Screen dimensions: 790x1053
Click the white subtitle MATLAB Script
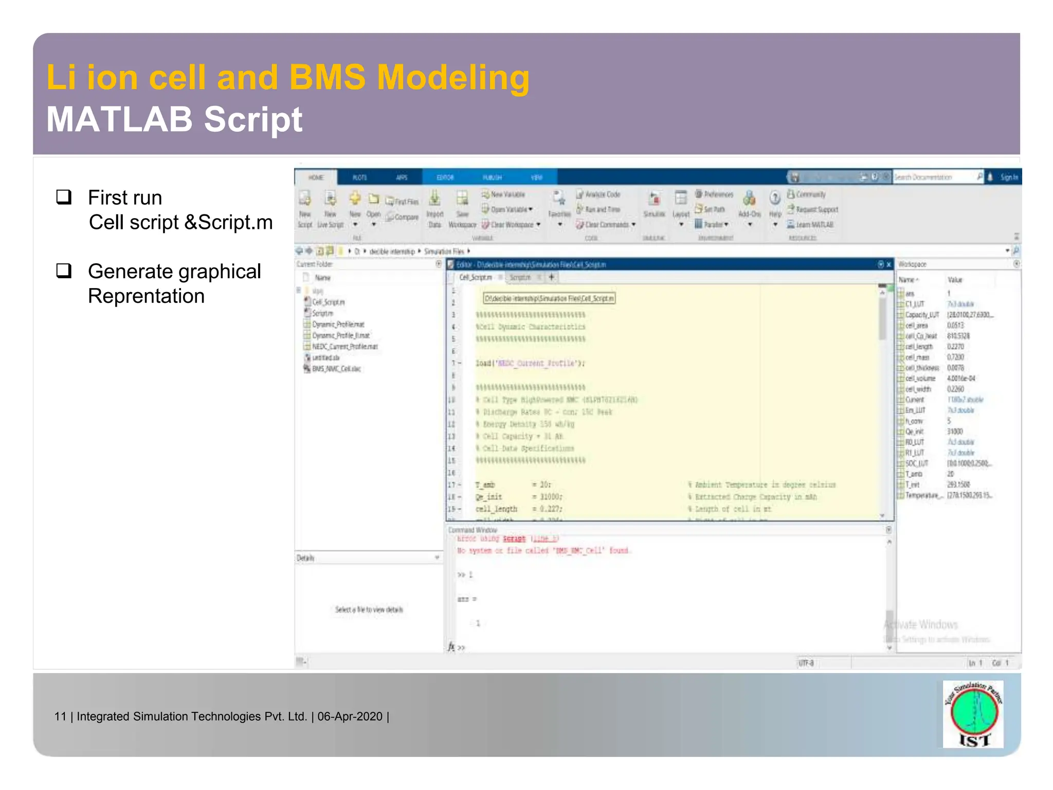(x=175, y=119)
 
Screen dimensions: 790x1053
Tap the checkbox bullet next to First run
(x=64, y=197)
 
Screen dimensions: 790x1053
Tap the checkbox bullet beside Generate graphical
(x=64, y=271)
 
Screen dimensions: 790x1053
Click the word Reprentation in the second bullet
(x=146, y=297)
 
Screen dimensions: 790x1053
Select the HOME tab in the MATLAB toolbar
(x=316, y=177)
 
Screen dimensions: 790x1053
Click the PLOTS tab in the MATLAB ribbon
(x=359, y=177)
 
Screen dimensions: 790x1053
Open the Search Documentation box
(x=933, y=177)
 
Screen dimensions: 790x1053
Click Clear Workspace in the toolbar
(x=511, y=225)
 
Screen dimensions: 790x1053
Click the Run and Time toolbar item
(x=602, y=209)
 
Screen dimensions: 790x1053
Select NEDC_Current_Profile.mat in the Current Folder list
(x=344, y=347)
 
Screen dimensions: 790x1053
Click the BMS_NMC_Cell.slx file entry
(x=336, y=369)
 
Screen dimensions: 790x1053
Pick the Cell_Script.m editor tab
(x=475, y=277)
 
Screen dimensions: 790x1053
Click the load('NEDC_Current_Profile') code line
(x=530, y=363)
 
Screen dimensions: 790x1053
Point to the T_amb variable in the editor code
(x=485, y=484)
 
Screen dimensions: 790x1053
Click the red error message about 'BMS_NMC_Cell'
(x=544, y=550)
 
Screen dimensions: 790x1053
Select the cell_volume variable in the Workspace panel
(x=920, y=379)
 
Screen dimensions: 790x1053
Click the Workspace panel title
(x=912, y=264)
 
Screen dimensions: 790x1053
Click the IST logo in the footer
(x=973, y=714)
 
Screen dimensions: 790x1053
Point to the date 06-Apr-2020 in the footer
(x=350, y=716)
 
